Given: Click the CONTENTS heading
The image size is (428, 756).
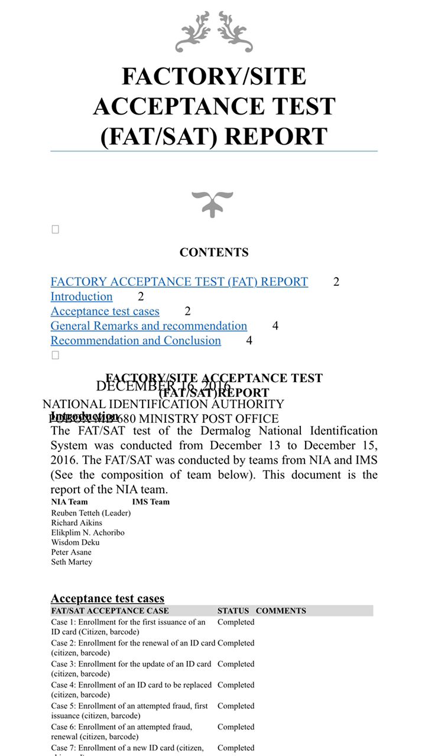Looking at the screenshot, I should tap(214, 252).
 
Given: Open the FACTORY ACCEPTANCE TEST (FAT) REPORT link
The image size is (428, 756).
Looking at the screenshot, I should tap(179, 282).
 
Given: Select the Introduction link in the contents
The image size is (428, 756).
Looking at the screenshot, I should tap(82, 296).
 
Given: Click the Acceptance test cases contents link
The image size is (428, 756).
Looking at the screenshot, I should tap(105, 311).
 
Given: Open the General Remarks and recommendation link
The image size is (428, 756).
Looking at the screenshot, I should tap(149, 326).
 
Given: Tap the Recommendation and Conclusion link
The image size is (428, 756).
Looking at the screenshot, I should tap(135, 341).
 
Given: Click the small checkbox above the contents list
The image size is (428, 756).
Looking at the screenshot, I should tap(56, 230).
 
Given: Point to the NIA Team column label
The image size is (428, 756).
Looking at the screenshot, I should tap(69, 502).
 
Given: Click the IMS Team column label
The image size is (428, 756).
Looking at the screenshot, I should tap(151, 502).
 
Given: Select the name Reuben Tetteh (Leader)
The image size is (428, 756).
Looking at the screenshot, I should tap(91, 513).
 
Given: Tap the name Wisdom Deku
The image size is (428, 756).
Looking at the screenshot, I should tap(75, 542).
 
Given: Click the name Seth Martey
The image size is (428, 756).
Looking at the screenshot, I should tap(72, 562).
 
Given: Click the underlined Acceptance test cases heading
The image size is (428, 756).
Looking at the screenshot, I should tap(108, 599).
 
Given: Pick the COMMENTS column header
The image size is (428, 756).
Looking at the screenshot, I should tap(281, 611).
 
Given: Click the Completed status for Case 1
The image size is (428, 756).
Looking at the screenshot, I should tap(236, 622).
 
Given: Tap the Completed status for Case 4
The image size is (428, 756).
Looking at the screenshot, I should tap(236, 685).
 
